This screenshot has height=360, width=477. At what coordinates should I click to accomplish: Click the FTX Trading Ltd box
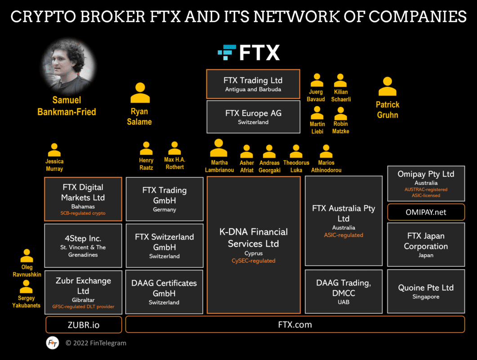(x=253, y=84)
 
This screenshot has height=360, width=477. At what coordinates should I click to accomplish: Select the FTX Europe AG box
(x=253, y=117)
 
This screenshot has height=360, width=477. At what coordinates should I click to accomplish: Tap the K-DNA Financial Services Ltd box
(x=254, y=245)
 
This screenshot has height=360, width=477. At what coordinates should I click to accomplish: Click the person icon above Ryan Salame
(x=140, y=93)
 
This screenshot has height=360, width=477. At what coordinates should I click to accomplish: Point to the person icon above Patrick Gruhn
(x=387, y=87)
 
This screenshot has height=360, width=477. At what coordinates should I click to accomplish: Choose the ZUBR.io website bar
(x=84, y=324)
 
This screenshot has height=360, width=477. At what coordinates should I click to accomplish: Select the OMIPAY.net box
(x=426, y=212)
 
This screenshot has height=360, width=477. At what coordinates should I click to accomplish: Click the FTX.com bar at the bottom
(x=295, y=324)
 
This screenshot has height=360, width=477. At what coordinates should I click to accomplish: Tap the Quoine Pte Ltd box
(x=426, y=291)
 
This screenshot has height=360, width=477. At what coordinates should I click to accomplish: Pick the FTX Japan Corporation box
(x=426, y=245)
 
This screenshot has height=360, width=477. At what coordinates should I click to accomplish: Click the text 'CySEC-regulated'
(x=254, y=261)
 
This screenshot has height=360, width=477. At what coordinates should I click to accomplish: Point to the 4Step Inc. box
(x=83, y=245)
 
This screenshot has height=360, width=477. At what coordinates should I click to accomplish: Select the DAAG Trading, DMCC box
(x=343, y=291)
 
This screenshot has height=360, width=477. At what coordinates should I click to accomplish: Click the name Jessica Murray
(x=54, y=165)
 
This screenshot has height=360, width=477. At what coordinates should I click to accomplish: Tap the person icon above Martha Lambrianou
(x=219, y=148)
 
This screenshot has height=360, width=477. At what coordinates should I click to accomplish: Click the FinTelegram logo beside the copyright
(x=53, y=343)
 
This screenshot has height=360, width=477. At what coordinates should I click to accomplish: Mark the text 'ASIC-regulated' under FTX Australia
(x=343, y=235)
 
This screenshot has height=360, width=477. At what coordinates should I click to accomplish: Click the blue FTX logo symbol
(x=227, y=53)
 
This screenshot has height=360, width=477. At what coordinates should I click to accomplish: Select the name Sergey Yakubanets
(x=26, y=301)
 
